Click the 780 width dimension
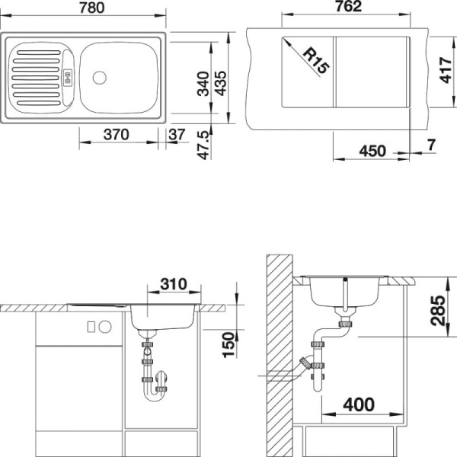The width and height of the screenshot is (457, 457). [x=92, y=8]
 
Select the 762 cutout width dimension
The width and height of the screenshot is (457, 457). [x=349, y=7]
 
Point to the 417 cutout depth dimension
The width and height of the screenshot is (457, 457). [x=445, y=70]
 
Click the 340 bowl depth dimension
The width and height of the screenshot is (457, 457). [x=203, y=84]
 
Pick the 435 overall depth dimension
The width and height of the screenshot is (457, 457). [x=220, y=84]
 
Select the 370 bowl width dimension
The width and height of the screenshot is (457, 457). [x=117, y=135]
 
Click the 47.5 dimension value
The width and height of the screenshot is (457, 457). [x=203, y=145]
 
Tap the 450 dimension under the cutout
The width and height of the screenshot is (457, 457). [x=372, y=151]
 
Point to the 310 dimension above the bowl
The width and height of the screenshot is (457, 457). [x=174, y=284]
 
